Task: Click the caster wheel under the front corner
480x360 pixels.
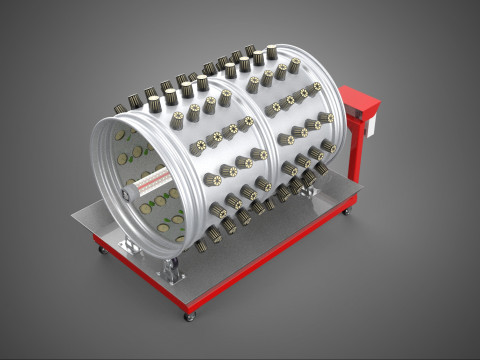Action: [x=189, y=316]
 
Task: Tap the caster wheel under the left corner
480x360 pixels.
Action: [x=100, y=249]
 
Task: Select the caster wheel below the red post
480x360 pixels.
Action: [x=348, y=211]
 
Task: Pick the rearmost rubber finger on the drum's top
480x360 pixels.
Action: [x=272, y=50]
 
